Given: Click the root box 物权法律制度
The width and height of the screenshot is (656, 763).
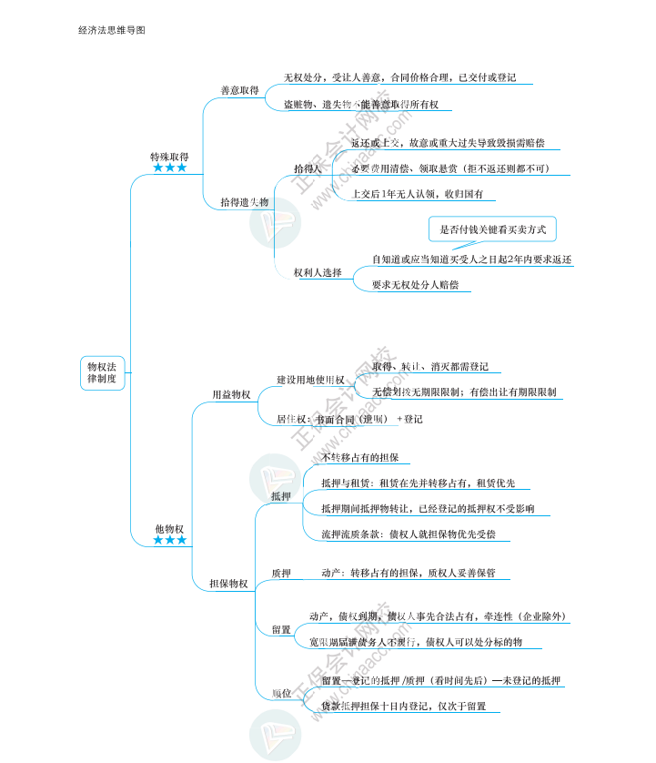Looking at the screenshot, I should pos(102,372).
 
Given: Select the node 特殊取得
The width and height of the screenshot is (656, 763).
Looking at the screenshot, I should pos(169,157).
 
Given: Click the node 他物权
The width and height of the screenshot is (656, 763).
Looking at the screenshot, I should pos(169,529).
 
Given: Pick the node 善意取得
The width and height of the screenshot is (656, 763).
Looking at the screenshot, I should pos(239,91).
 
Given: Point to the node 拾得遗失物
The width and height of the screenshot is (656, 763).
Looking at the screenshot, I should pos(244,202).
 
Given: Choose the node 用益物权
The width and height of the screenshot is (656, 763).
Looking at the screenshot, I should pos(231,395).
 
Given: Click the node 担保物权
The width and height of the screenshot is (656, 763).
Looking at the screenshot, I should pos(228,584).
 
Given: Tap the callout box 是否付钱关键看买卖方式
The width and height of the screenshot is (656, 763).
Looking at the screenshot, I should pos(492,229).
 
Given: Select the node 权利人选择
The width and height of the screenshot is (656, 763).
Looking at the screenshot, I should pos(318,272).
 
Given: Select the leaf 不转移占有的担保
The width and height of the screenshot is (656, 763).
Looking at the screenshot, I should pos(359,457).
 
